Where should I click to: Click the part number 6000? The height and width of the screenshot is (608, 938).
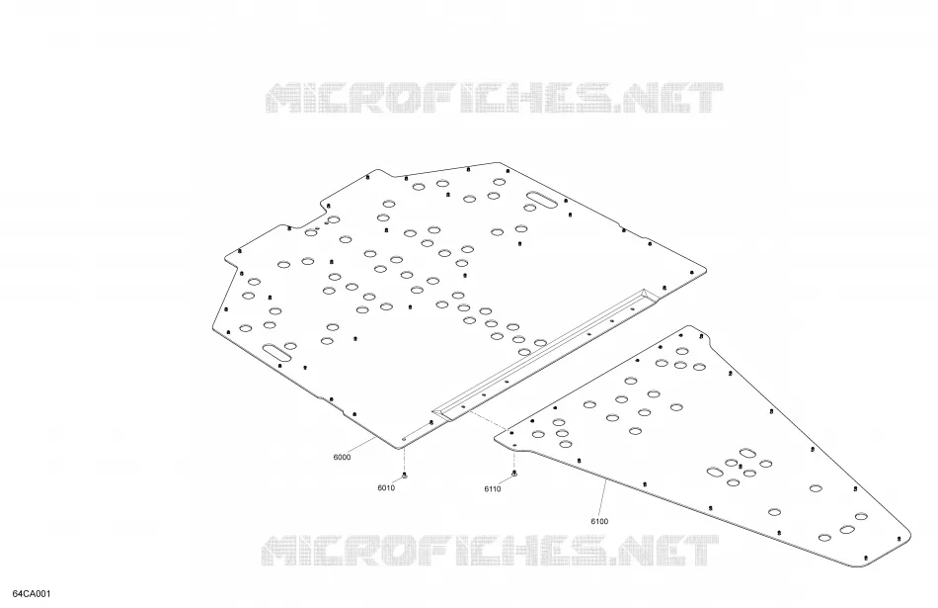coord(342,458)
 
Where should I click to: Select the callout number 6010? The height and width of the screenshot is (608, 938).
coord(386,488)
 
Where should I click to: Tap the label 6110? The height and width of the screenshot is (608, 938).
coord(493,489)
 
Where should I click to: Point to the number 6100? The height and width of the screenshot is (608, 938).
coord(599,522)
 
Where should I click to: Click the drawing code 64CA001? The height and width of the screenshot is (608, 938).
coord(32,594)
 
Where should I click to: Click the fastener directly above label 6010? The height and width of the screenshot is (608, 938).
coord(405,476)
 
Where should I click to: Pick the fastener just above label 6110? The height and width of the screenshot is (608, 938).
coord(514,475)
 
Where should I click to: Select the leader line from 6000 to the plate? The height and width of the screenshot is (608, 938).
coord(360,446)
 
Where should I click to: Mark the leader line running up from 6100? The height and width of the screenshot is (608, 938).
coord(604,498)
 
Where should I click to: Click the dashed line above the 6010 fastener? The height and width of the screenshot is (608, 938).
coord(405,459)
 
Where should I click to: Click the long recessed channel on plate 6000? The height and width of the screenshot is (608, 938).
coord(546,353)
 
